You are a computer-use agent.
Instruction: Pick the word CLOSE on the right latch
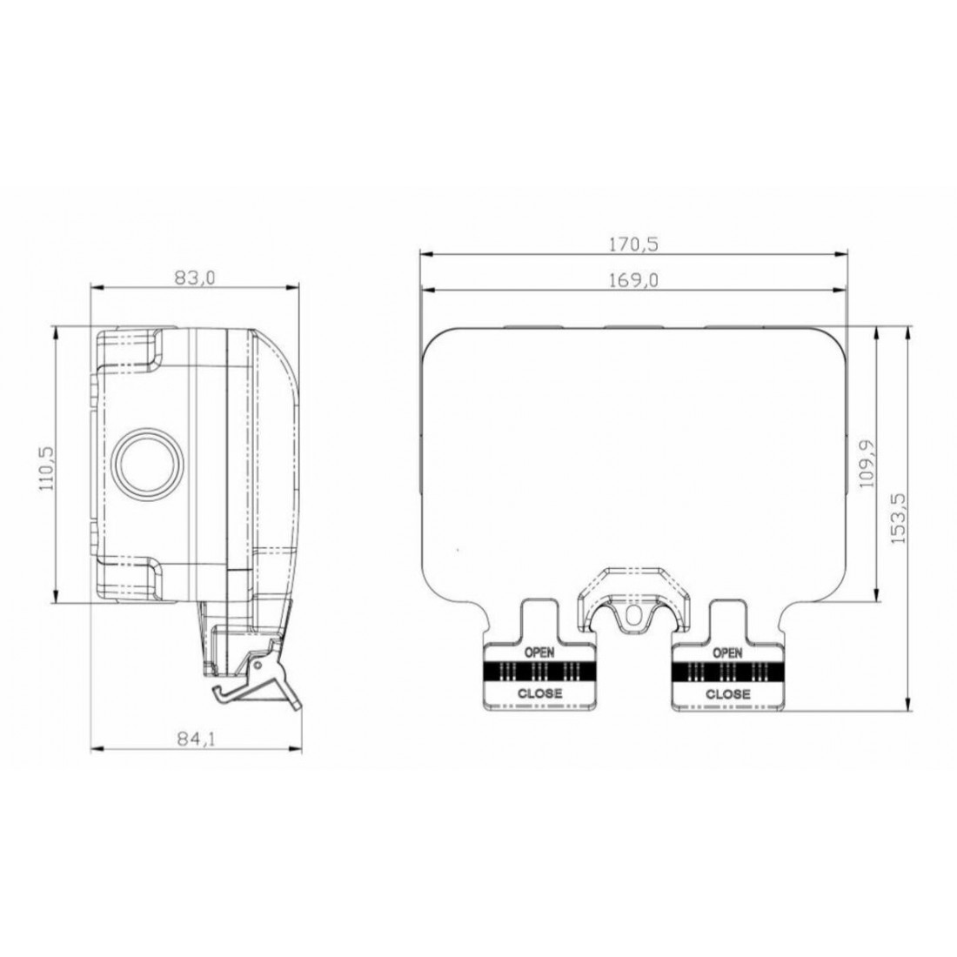pos(727,693)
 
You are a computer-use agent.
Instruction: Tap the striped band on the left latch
pos(538,672)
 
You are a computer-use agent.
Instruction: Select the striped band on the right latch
pos(727,672)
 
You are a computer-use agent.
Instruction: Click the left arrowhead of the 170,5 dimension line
pos(424,254)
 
